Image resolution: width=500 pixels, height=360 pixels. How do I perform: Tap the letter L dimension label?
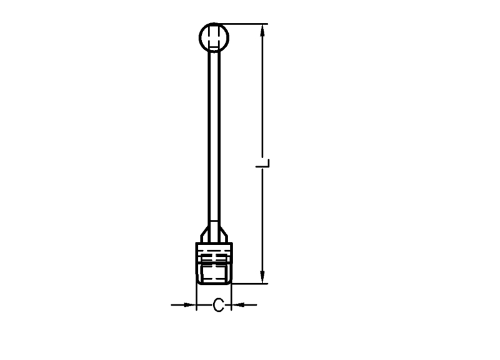tap(263, 163)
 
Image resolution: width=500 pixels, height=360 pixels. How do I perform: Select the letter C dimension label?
tap(218, 305)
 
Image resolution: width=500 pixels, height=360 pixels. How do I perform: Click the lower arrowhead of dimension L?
tap(262, 276)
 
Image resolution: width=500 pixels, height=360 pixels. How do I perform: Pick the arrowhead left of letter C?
tap(189, 305)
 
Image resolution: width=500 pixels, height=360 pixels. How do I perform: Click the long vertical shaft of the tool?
tap(214, 137)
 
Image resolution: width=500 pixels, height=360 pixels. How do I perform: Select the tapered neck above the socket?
tap(214, 233)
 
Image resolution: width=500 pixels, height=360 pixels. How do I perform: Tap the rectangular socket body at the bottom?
tap(214, 263)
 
